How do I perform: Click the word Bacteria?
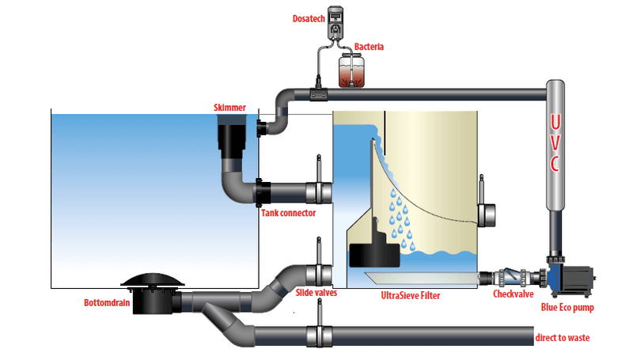pyautogui.click(x=370, y=47)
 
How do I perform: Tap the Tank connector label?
pyautogui.click(x=288, y=213)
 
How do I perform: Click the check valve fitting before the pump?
pyautogui.click(x=514, y=278)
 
